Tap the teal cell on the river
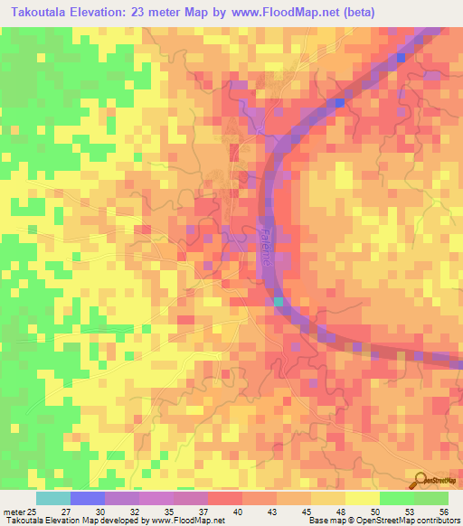click(x=279, y=301)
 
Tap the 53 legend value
click(x=413, y=512)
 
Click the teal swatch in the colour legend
click(x=53, y=498)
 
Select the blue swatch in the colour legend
click(x=88, y=498)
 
